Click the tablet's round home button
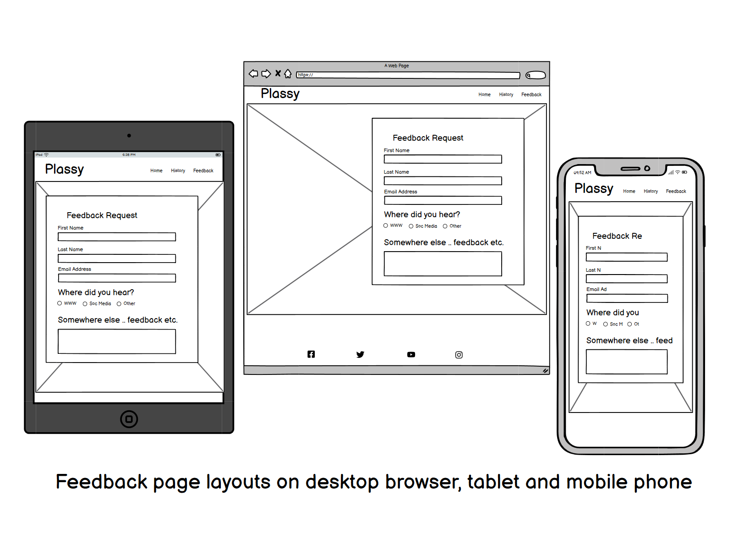pyautogui.click(x=129, y=419)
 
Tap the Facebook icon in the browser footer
pyautogui.click(x=311, y=354)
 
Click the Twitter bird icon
pyautogui.click(x=361, y=354)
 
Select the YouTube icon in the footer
pyautogui.click(x=411, y=354)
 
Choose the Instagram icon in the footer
pyautogui.click(x=459, y=355)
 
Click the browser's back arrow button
pyautogui.click(x=253, y=73)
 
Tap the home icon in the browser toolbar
pyautogui.click(x=288, y=73)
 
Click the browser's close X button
pyautogui.click(x=278, y=73)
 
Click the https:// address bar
pyautogui.click(x=408, y=75)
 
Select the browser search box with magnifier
pyautogui.click(x=536, y=75)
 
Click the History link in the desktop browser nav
pyautogui.click(x=506, y=94)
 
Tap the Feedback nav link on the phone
pyautogui.click(x=676, y=191)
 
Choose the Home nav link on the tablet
pyautogui.click(x=156, y=170)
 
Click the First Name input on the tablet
pyautogui.click(x=117, y=236)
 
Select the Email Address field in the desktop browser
pyautogui.click(x=443, y=200)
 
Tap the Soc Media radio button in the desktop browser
pyautogui.click(x=411, y=226)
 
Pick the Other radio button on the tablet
pyautogui.click(x=119, y=303)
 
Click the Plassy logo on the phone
pyautogui.click(x=594, y=188)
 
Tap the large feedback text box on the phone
pyautogui.click(x=626, y=362)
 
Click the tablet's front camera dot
pyautogui.click(x=129, y=135)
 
